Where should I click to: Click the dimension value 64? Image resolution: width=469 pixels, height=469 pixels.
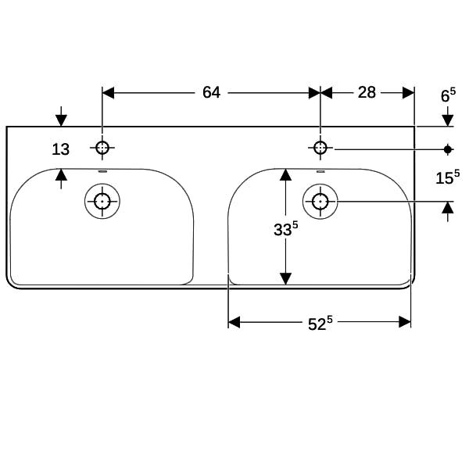(x=212, y=92)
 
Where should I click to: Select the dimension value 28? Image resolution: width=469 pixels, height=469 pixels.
(x=367, y=92)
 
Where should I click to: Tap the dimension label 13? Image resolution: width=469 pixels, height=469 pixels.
(x=61, y=149)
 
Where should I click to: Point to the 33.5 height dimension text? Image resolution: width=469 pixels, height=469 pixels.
(x=286, y=228)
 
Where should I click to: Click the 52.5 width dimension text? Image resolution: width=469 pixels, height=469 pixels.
(x=320, y=324)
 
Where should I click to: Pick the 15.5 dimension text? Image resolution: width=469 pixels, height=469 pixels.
(x=448, y=177)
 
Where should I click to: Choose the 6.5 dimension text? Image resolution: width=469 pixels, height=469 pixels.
(x=449, y=95)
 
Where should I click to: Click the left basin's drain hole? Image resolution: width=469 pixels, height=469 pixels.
(x=102, y=202)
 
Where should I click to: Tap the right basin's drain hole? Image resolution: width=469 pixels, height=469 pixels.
(x=320, y=202)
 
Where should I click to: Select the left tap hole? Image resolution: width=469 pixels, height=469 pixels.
(x=102, y=148)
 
